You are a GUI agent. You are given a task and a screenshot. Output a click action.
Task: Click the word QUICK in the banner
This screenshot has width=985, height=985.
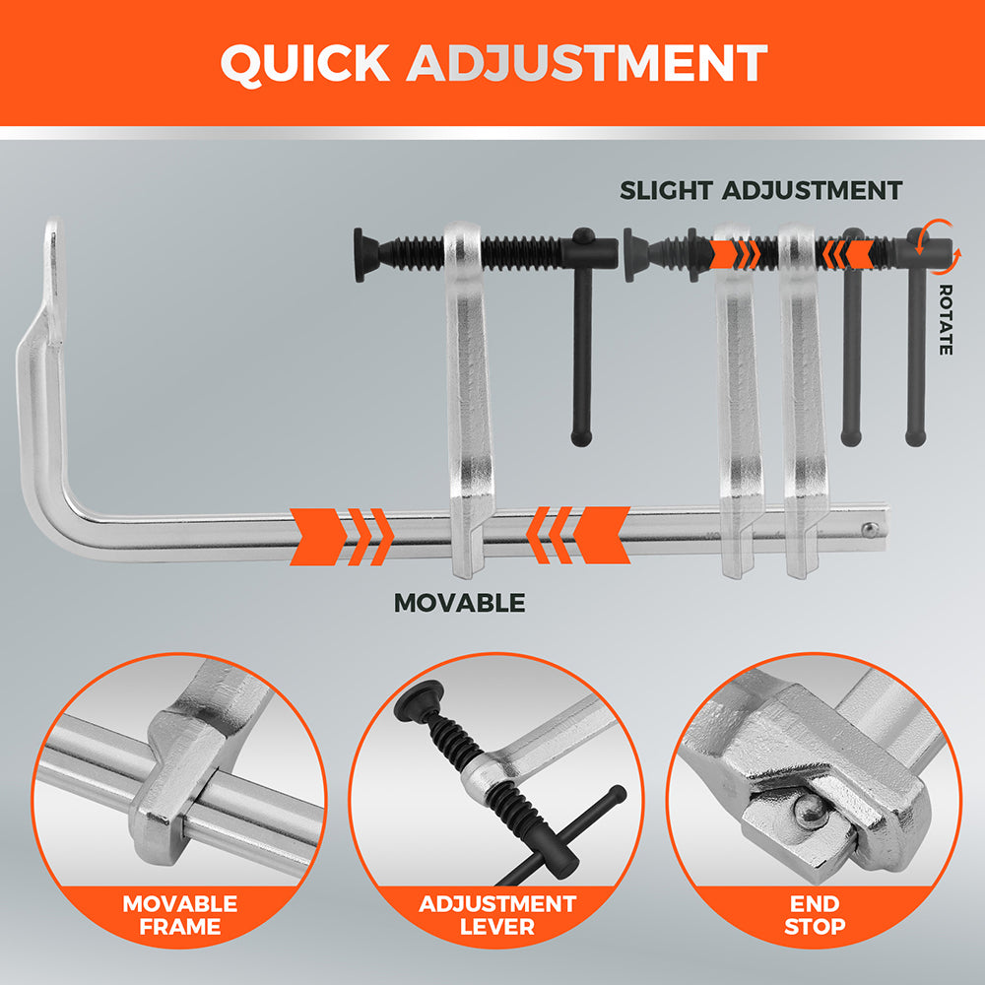coord(305,64)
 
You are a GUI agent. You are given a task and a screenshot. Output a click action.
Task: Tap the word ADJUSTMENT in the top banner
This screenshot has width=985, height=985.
coord(587,64)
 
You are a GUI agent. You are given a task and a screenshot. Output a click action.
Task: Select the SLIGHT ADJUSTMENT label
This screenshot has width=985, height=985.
coord(760,190)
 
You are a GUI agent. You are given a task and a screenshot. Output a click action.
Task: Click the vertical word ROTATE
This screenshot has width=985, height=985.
coord(946,319)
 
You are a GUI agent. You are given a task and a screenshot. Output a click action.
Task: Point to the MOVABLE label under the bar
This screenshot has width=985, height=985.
coord(459,603)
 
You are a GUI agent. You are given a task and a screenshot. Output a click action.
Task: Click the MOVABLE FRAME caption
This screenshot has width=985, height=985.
coord(179,914)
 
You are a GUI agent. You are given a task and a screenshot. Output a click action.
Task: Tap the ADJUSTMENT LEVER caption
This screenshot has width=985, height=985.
coord(497,914)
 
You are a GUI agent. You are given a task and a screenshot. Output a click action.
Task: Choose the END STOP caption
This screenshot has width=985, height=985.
coord(815,914)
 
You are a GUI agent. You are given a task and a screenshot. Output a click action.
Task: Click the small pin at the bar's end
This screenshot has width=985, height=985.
coord(869,530)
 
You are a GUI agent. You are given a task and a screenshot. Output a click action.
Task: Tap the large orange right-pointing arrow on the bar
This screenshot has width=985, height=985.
coord(317,535)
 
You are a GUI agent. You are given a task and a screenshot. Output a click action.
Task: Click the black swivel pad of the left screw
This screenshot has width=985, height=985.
coord(360,254)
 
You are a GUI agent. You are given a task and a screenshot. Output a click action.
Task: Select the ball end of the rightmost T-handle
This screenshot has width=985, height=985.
coord(916,436)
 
